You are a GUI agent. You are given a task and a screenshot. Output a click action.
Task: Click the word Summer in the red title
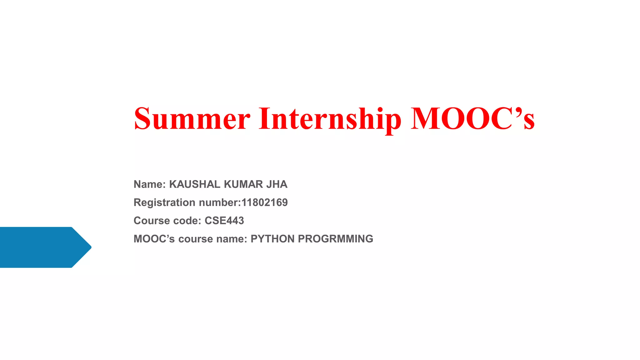point(192,119)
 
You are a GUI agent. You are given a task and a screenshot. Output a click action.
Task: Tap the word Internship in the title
point(330,119)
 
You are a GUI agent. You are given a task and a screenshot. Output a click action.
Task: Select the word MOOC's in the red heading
point(472,119)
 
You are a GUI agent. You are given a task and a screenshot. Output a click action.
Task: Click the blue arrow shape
point(41,247)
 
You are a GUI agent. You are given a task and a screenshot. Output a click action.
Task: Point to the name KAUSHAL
point(195,184)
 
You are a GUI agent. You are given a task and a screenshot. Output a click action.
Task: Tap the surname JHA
point(277,184)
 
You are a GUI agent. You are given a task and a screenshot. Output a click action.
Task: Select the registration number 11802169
point(264,202)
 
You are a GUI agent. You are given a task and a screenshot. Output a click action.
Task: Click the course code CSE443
point(224,221)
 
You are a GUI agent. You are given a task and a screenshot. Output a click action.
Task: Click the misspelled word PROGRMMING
point(335,239)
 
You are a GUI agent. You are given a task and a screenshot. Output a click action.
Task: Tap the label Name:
point(149,184)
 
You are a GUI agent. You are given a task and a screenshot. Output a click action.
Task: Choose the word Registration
point(164,202)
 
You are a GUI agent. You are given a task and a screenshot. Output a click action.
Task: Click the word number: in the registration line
point(220,202)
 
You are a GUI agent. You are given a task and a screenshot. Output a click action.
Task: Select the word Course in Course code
point(151,221)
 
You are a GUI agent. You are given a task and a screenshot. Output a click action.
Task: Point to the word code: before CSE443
point(187,221)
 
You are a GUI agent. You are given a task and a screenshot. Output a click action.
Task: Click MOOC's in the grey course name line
point(154,239)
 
